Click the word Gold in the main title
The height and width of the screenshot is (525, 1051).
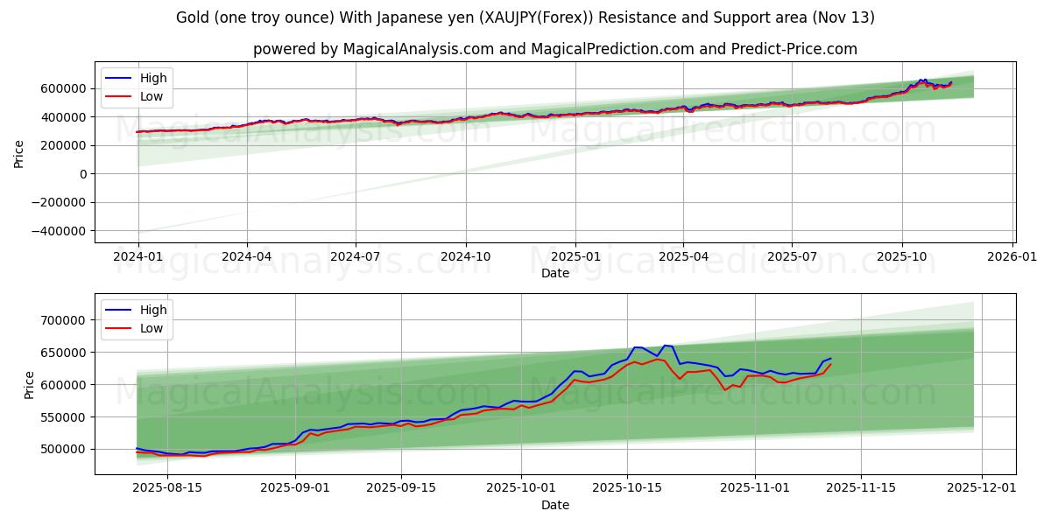coord(192,17)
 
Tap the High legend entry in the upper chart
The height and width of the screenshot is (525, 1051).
coord(153,78)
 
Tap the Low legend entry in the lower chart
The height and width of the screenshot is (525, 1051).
coord(152,328)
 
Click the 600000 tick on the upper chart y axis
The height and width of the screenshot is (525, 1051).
coord(62,88)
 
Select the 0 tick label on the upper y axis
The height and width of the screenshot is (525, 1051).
coord(82,174)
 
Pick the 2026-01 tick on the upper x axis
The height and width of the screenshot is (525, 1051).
coord(1012,258)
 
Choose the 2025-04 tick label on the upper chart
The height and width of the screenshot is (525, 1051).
coord(683,258)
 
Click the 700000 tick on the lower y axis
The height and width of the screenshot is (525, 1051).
coord(62,320)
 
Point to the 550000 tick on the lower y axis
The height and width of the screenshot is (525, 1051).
coord(62,417)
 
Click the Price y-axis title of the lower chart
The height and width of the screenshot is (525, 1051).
coord(29,385)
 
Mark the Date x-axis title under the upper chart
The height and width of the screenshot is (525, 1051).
coord(554,273)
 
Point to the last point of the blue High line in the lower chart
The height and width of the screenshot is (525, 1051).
coord(830,357)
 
